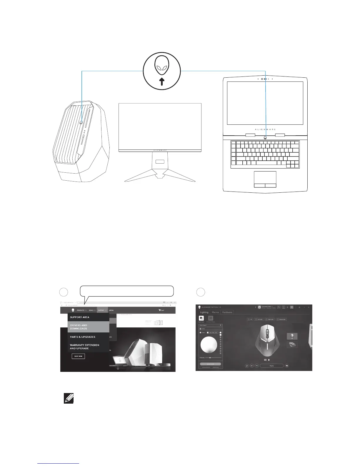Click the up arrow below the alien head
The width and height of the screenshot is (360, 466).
(162, 81)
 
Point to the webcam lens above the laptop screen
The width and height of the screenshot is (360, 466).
(262, 79)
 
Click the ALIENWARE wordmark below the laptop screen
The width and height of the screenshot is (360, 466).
(265, 129)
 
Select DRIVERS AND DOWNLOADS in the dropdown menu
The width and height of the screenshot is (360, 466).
(88, 327)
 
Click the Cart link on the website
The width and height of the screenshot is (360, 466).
(161, 310)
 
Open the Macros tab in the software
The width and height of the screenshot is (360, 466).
(215, 312)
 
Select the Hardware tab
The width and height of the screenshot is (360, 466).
(227, 312)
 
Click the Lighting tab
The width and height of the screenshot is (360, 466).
(204, 312)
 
